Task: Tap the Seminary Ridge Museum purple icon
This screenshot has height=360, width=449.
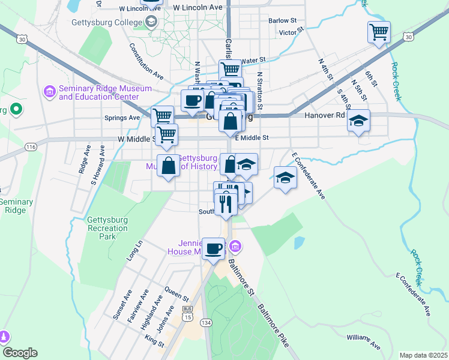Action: click(x=49, y=92)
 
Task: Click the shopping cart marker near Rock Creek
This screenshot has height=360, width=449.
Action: click(x=379, y=32)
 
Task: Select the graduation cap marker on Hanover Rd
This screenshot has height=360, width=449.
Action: click(x=359, y=122)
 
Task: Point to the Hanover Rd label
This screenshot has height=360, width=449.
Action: click(x=325, y=115)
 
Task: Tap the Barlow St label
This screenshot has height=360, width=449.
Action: click(x=283, y=20)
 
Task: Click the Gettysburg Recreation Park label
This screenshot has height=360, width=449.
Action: click(x=108, y=228)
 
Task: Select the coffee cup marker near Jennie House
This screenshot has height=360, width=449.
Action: click(x=213, y=248)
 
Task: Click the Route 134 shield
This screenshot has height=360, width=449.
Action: click(x=206, y=323)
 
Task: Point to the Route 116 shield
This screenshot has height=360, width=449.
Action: click(x=31, y=147)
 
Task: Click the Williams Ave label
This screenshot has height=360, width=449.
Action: click(x=363, y=342)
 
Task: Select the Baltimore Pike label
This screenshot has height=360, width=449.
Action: click(x=273, y=325)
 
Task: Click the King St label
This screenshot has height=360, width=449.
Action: click(x=154, y=341)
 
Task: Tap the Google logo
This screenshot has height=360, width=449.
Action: click(x=19, y=353)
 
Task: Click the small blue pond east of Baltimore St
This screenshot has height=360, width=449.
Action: click(x=299, y=243)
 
